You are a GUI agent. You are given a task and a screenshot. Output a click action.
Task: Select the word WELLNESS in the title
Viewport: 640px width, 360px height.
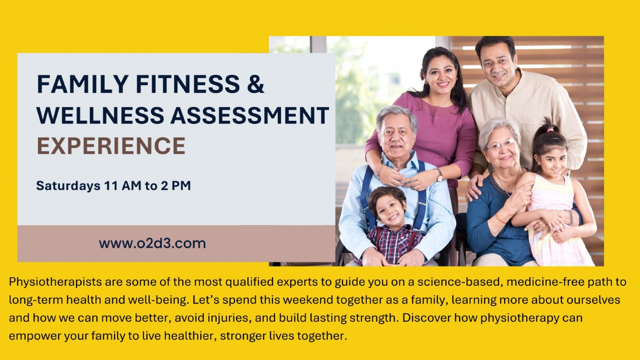coord(100,115)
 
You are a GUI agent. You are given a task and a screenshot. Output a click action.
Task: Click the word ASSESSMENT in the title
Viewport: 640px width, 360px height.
coord(250,115)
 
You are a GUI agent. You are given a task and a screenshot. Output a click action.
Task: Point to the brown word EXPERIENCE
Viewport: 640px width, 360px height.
coord(111,146)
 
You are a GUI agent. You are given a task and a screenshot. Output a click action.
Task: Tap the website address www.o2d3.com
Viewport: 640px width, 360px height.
coord(152,243)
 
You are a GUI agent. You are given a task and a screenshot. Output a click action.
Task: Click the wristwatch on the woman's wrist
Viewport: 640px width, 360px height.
coord(439,174)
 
